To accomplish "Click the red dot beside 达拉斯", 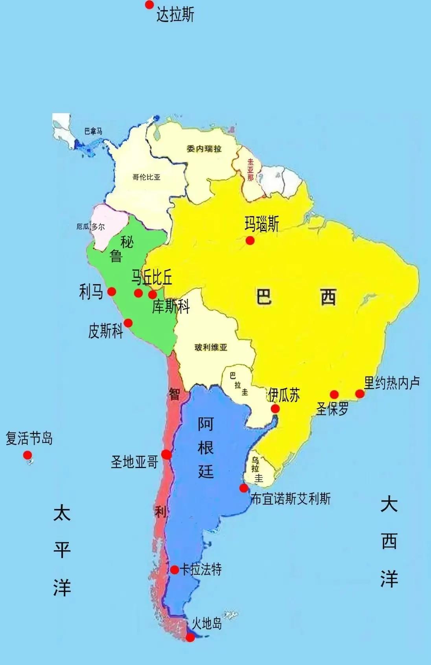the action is (149, 5).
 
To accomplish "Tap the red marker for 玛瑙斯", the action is (250, 241).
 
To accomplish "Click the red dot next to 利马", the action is (112, 292).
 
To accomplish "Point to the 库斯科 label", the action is (171, 306).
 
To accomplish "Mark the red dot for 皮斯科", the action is (128, 323).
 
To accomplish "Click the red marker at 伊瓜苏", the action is (275, 408).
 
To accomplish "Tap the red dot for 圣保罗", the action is (334, 394).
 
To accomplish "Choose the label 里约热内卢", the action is (392, 382).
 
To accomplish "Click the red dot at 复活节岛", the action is (27, 455).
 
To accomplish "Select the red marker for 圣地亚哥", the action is (166, 454).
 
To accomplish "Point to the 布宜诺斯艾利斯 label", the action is (291, 498).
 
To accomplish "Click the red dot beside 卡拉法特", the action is (175, 569).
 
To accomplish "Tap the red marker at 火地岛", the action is (190, 637).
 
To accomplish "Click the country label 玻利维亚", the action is (211, 347).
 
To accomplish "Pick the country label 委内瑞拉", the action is (204, 149).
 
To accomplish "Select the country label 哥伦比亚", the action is (146, 177).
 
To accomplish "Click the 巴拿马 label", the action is (93, 131).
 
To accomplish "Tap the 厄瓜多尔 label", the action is (91, 227).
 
